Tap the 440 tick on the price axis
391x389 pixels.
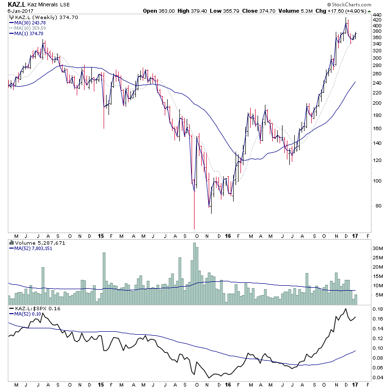[377, 15]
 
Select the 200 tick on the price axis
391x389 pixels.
[377, 103]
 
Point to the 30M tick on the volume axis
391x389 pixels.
[377, 248]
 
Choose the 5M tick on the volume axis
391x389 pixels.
[377, 295]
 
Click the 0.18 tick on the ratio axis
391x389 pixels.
[377, 309]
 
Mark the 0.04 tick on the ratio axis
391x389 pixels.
[377, 378]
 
